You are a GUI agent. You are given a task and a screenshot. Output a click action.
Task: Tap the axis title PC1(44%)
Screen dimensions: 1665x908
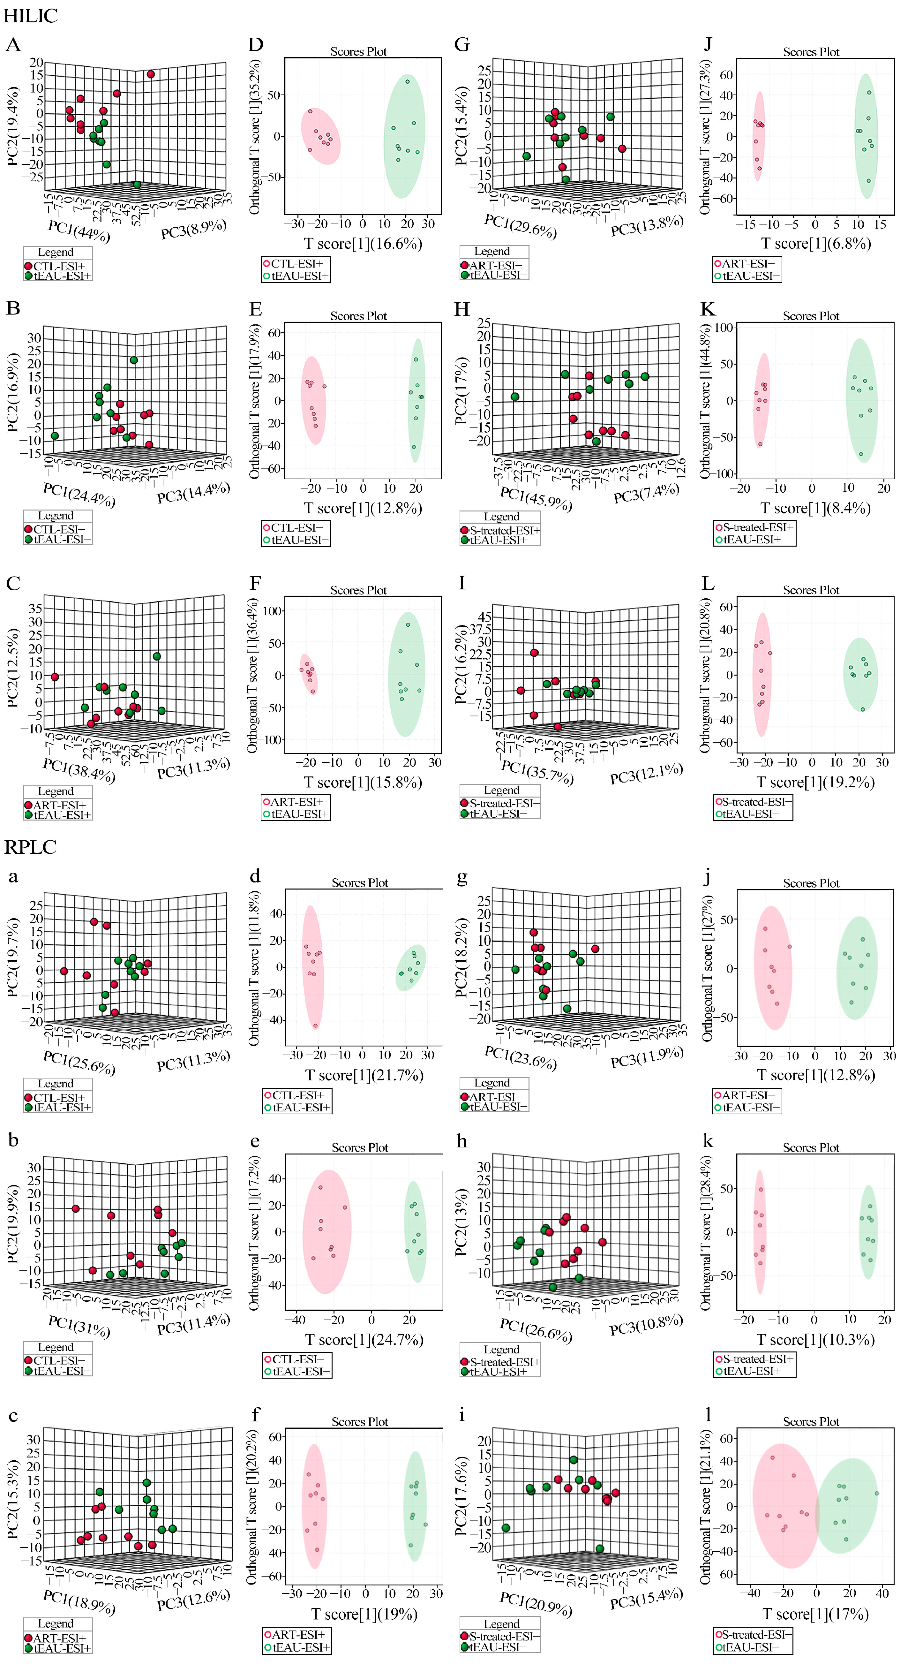click(x=79, y=231)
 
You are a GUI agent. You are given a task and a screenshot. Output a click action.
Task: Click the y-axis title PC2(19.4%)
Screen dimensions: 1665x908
click(x=13, y=126)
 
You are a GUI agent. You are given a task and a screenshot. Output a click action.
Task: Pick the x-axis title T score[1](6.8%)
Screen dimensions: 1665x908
click(x=815, y=244)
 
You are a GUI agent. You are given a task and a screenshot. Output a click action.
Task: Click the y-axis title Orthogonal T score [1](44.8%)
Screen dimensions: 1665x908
click(x=706, y=401)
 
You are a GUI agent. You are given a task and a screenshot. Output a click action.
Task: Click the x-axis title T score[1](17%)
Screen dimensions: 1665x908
click(x=815, y=1614)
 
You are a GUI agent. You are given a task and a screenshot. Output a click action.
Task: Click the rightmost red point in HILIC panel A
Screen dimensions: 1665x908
click(x=151, y=74)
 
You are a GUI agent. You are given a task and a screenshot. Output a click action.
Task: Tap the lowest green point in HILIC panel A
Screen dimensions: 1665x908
click(x=137, y=185)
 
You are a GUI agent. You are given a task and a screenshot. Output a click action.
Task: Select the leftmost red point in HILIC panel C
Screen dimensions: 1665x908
click(x=55, y=677)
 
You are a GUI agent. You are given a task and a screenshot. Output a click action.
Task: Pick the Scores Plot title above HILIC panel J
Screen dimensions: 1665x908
click(x=811, y=52)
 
